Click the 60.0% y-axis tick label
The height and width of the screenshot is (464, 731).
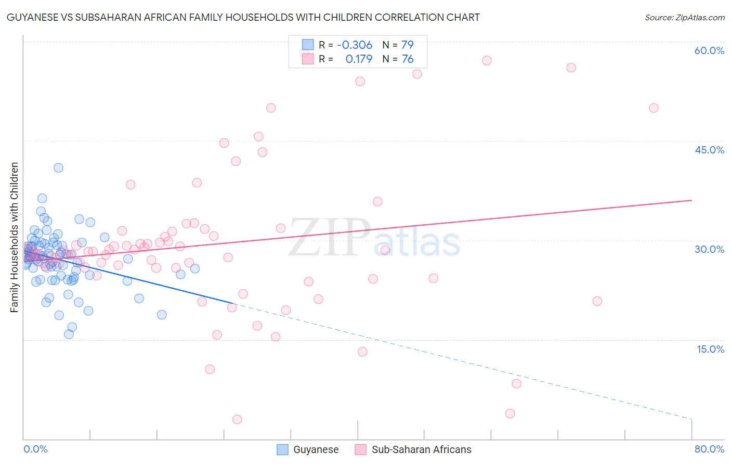pyautogui.click(x=709, y=50)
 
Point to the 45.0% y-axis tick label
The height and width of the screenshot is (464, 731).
pyautogui.click(x=709, y=150)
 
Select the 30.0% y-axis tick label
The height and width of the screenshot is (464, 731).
pyautogui.click(x=709, y=249)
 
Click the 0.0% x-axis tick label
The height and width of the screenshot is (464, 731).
pyautogui.click(x=35, y=449)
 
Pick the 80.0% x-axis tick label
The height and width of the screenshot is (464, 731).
pyautogui.click(x=709, y=449)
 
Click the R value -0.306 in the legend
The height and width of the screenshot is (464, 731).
pyautogui.click(x=354, y=45)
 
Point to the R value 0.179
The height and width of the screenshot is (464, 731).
pyautogui.click(x=359, y=59)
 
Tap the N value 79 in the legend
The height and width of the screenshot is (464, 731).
pyautogui.click(x=407, y=45)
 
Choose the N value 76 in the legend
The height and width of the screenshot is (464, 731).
pyautogui.click(x=408, y=59)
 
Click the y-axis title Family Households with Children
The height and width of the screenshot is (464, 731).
pyautogui.click(x=15, y=237)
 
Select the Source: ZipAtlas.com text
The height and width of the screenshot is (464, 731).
pyautogui.click(x=684, y=17)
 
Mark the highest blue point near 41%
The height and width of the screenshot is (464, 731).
pyautogui.click(x=58, y=167)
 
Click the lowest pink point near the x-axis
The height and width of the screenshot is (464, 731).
pyautogui.click(x=237, y=419)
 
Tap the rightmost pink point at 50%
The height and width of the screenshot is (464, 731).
pyautogui.click(x=654, y=108)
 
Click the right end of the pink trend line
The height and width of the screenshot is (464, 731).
pyautogui.click(x=691, y=200)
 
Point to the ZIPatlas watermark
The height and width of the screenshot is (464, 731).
pyautogui.click(x=374, y=238)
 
